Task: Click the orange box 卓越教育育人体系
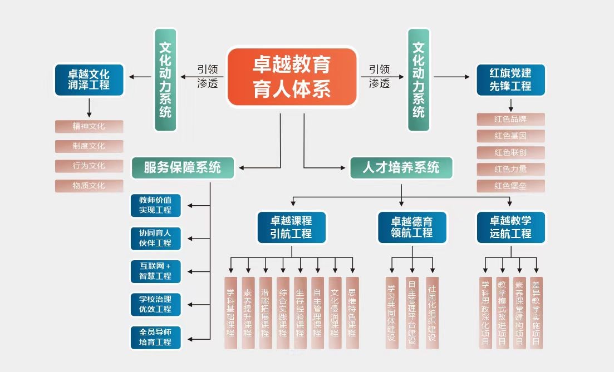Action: click(292, 77)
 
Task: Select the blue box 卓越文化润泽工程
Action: click(89, 79)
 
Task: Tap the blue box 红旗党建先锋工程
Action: click(510, 80)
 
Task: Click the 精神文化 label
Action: click(89, 126)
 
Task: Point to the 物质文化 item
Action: click(89, 186)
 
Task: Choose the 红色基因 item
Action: click(510, 136)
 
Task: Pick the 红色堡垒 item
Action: click(510, 186)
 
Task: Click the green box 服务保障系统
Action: click(183, 167)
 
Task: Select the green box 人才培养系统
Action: click(401, 167)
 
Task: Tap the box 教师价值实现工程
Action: click(155, 205)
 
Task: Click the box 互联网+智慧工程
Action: click(155, 271)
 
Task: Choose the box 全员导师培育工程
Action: click(155, 337)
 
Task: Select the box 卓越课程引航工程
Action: click(292, 227)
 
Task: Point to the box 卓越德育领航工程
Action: click(412, 227)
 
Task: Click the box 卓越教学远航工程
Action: click(511, 227)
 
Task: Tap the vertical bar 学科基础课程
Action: click(230, 313)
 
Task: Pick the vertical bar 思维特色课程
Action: click(352, 313)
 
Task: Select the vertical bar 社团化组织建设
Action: click(432, 313)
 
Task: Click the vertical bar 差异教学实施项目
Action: click(536, 313)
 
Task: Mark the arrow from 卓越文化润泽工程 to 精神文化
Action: click(89, 107)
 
